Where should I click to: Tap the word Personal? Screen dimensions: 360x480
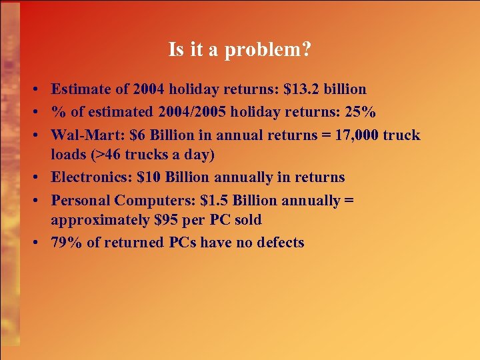click(x=80, y=199)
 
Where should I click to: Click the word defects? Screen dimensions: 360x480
click(x=280, y=242)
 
